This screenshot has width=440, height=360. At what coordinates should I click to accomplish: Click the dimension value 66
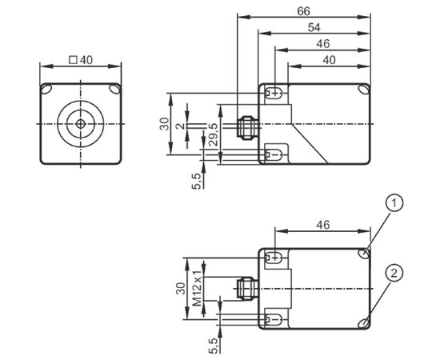click(x=304, y=11)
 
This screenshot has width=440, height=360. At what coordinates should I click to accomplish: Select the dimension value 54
click(x=314, y=27)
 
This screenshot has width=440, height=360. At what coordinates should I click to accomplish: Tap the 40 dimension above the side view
click(x=329, y=60)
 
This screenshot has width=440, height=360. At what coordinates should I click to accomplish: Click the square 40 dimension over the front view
click(x=81, y=60)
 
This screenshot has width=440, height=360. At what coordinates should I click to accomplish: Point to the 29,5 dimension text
click(x=214, y=134)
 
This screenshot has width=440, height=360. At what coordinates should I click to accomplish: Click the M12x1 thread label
click(x=198, y=288)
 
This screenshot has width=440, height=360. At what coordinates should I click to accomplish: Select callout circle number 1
click(x=394, y=203)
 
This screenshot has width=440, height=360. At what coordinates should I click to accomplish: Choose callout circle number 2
click(x=394, y=273)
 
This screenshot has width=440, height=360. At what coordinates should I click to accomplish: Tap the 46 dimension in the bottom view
click(x=323, y=225)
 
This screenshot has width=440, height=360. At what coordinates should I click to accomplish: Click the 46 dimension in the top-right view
click(x=323, y=44)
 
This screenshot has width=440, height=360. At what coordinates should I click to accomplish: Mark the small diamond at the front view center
click(x=81, y=124)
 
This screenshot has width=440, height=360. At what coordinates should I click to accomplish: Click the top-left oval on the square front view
click(x=46, y=89)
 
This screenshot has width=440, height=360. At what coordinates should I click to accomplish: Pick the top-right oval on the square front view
click(x=115, y=89)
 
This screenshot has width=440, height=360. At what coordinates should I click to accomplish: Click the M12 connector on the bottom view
click(x=246, y=288)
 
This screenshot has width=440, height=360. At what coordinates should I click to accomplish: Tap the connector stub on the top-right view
click(x=246, y=127)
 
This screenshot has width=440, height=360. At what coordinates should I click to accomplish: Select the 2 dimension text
click(x=181, y=126)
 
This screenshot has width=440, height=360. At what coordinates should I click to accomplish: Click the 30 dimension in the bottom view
click(x=181, y=288)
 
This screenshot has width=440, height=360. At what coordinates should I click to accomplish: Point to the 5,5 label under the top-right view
click(x=198, y=181)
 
